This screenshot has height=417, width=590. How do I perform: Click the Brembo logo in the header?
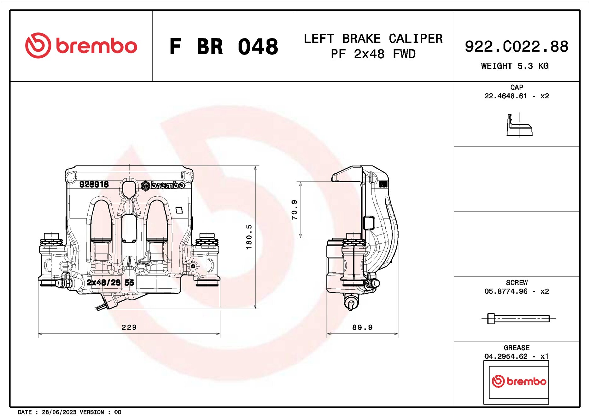coord(81,46)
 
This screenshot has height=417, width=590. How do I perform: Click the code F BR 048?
coord(224,47)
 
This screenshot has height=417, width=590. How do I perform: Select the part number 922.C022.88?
coord(516,47)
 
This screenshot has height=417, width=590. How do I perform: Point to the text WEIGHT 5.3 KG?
coord(515,66)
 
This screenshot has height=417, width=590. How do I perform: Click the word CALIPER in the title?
coord(415,39)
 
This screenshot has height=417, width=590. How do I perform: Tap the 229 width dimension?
coord(129,327)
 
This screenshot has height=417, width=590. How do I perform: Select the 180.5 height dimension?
coord(249,237)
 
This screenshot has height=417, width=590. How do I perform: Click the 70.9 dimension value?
coord(294,210)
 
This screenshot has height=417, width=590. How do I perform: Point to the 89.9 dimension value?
coord(362,327)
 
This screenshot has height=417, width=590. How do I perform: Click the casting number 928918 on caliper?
coord(94,184)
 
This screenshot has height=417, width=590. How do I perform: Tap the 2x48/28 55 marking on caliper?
coord(110,282)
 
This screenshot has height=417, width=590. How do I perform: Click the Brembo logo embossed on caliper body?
coord(163,185)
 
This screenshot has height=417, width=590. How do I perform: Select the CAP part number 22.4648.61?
coord(505,96)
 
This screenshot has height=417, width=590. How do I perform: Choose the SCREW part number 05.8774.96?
coord(505,292)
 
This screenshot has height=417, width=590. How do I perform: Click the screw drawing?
coord(518,319)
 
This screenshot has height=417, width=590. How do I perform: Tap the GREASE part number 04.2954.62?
coord(505,356)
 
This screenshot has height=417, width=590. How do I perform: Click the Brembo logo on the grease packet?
coord(519,381)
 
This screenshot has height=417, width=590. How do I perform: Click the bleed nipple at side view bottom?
coord(351,303)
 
